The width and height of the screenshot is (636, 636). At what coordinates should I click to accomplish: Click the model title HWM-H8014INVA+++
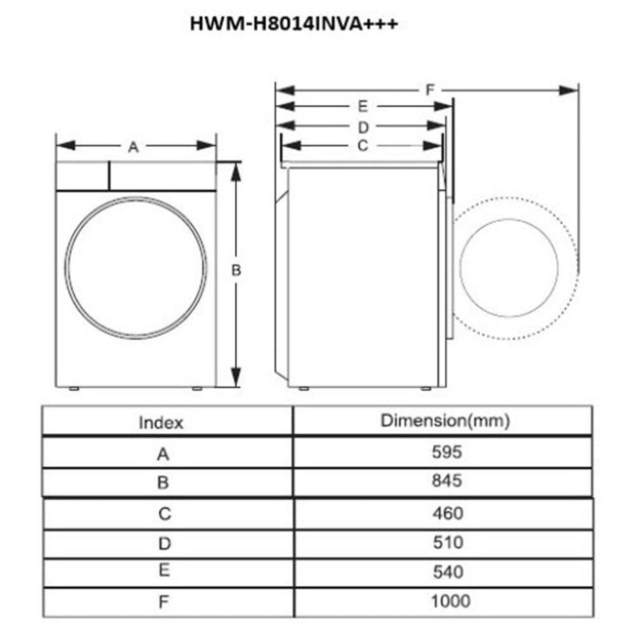pos(293,23)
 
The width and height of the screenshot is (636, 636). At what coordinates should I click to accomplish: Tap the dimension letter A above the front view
pos(134,148)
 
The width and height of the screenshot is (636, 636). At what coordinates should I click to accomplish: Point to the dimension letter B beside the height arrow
pos(236,270)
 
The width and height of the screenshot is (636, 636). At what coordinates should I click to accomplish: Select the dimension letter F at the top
pos(430,90)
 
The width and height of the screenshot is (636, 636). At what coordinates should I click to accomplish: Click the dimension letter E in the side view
pos(363,107)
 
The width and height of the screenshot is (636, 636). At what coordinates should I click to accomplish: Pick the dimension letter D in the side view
pos(363,127)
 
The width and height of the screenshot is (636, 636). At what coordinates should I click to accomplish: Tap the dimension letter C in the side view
pos(363,146)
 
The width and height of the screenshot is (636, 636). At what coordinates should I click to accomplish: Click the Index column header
pos(161,422)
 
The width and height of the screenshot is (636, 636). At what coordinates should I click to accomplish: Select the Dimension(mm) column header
pos(445,420)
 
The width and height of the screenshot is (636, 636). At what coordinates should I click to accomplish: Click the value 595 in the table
pos(447,452)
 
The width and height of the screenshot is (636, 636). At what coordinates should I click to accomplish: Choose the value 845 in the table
pos(447,480)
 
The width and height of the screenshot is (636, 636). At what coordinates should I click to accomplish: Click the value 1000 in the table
pos(450,601)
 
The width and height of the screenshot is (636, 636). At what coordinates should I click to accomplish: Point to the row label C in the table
pos(164,514)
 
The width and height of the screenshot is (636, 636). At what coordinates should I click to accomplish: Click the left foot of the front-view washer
pos(74,389)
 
